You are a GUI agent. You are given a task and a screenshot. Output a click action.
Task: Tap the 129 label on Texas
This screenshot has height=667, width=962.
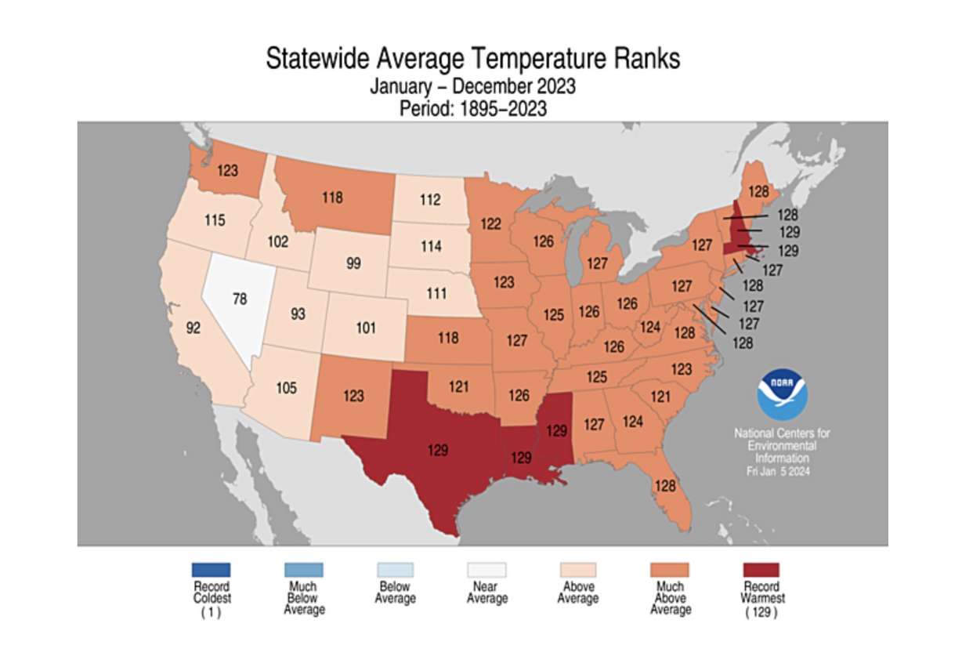pos(438,450)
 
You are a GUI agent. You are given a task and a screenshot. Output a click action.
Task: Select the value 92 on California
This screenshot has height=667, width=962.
pos(193,328)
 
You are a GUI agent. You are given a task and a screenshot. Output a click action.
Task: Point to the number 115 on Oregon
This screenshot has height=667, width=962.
pos(215,220)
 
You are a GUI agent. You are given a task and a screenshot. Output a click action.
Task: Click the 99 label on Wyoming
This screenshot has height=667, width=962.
pos(353,263)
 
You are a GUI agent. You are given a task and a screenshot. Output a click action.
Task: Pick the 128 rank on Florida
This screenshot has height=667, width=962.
pos(664,486)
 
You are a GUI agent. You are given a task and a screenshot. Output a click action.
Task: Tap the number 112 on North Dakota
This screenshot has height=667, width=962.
pos(429,200)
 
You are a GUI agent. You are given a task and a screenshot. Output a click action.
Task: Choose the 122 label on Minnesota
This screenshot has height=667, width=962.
pos(490,224)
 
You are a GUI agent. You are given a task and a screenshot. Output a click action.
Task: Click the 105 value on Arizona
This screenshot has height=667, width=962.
pos(286,387)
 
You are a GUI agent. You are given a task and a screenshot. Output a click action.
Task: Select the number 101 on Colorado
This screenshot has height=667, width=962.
pos(366,328)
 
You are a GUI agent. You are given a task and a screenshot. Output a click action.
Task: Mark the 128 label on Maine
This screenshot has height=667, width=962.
pos(758,191)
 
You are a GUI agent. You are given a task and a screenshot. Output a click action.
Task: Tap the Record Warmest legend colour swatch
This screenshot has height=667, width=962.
pos(761,570)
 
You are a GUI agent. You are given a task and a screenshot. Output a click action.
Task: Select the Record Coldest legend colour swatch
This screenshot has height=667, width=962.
pos(211,570)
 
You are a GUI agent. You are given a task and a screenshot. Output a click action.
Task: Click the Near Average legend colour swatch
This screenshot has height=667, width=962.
pos(486,570)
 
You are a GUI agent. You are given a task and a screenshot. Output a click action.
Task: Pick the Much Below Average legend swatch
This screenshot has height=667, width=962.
pos(303,570)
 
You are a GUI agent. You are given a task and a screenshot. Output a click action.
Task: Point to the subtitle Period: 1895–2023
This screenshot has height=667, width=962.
pos(473,109)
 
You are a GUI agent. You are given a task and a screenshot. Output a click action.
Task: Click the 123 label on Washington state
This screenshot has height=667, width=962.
pos(228,169)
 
